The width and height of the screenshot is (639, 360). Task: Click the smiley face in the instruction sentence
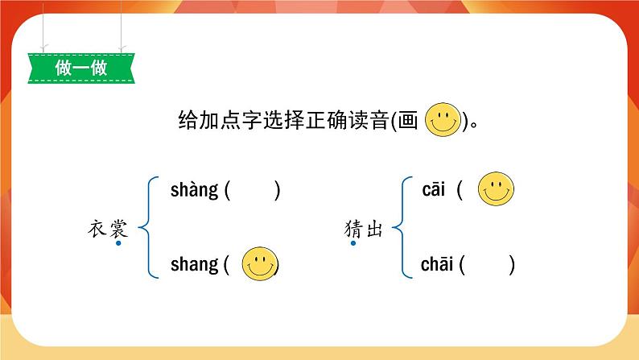441,121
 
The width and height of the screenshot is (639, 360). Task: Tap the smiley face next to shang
260,263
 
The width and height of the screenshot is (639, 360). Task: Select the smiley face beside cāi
496,191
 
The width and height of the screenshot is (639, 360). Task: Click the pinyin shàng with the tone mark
194,191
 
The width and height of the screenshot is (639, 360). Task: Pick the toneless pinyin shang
194,264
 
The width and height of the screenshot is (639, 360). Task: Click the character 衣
97,229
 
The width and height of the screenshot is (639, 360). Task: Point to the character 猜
352,230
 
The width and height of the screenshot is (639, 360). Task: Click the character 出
373,230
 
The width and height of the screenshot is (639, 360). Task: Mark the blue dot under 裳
117,243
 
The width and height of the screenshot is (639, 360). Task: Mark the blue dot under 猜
352,243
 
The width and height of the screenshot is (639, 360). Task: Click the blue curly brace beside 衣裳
146,228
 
